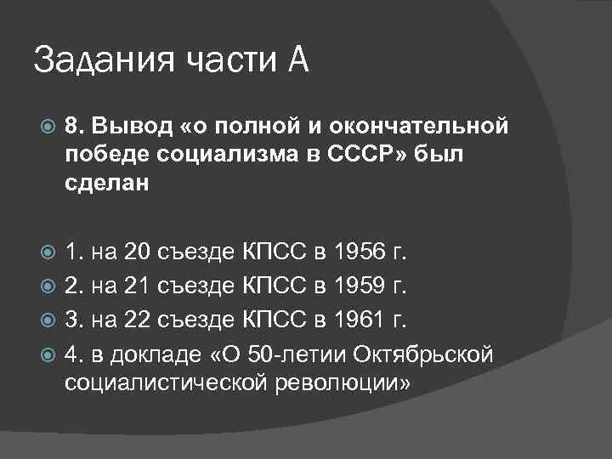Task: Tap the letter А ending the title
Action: coord(297,60)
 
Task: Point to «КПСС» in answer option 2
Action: coord(284,286)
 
